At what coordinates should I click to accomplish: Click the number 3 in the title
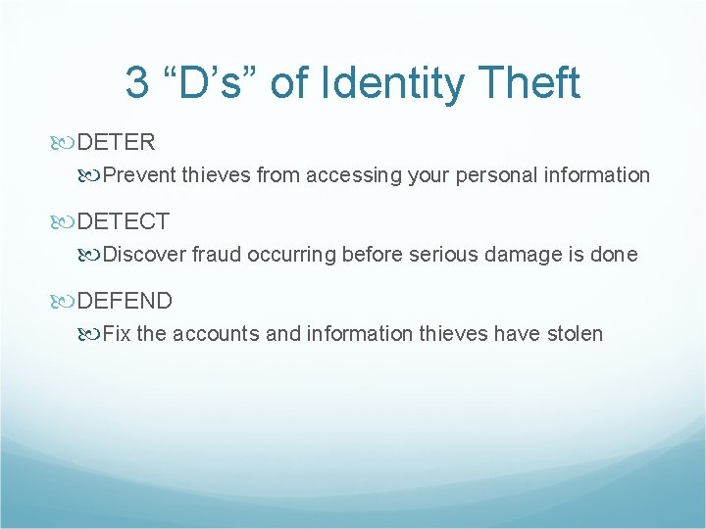(138, 83)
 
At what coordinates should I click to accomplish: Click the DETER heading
(116, 142)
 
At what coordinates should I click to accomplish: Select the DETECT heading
(123, 221)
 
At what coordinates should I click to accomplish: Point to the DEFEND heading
(125, 301)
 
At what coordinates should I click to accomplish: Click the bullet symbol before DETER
(66, 143)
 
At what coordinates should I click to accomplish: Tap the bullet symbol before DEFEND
(66, 301)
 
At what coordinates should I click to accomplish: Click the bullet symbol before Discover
(92, 255)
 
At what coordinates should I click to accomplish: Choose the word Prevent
(136, 175)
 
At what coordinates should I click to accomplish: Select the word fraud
(217, 255)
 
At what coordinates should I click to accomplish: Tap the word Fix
(117, 334)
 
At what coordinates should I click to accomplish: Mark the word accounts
(216, 334)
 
